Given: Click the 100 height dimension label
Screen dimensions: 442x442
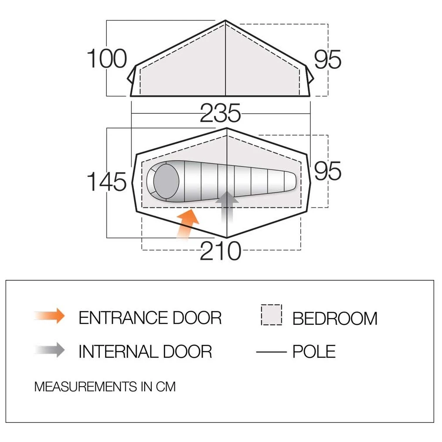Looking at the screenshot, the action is click(x=107, y=59).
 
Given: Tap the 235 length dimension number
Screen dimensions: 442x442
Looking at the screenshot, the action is click(x=221, y=113).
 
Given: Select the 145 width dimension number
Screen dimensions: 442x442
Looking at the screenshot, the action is click(x=107, y=181).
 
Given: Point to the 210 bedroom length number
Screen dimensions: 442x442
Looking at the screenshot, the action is click(x=221, y=251).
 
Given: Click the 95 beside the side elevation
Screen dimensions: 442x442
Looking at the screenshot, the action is click(x=327, y=59).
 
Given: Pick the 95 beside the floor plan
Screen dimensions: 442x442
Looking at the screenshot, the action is click(x=327, y=171).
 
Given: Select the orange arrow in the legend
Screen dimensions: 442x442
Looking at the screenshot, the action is click(x=50, y=316).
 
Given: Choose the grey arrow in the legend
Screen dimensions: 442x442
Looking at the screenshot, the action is click(x=50, y=350).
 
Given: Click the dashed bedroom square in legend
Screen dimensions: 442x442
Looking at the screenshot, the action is click(x=272, y=315).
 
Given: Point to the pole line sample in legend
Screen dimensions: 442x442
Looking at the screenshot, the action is click(x=271, y=352).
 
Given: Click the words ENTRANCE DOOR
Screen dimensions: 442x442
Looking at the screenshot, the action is click(x=150, y=318).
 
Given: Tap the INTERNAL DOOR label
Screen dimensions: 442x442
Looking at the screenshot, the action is click(x=145, y=351).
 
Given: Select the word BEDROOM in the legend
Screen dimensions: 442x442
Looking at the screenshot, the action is click(x=335, y=318).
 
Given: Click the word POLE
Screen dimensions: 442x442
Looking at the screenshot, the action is click(x=314, y=351).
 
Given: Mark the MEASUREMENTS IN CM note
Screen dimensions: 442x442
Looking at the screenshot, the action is click(x=105, y=387).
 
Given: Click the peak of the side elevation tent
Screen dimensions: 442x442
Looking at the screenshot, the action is click(x=225, y=20).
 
